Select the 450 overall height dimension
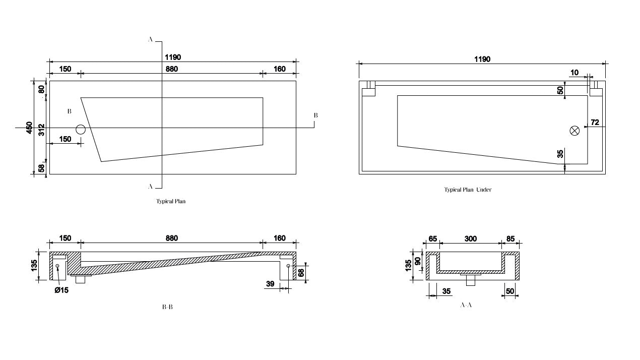click(30, 127)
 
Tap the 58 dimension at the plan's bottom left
click(41, 168)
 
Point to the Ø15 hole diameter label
click(61, 290)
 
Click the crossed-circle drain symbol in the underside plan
click(574, 131)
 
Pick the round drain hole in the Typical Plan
click(81, 130)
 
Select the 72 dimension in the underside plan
click(595, 123)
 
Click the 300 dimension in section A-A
click(470, 238)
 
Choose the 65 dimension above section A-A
click(432, 238)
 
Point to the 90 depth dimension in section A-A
click(418, 261)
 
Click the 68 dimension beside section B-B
click(301, 273)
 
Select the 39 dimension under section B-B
click(270, 284)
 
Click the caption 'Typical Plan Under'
click(468, 190)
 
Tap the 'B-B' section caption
click(168, 307)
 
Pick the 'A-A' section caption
click(466, 305)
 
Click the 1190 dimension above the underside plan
click(482, 59)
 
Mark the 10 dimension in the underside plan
click(574, 73)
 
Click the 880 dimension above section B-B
click(171, 238)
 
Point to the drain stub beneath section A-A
click(471, 280)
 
